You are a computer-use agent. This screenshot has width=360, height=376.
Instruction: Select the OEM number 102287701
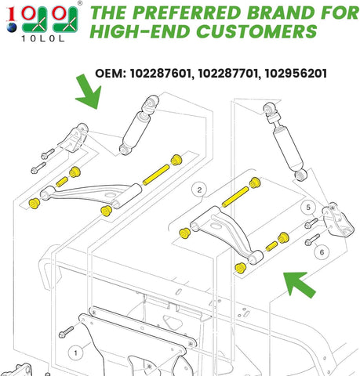(x=235, y=73)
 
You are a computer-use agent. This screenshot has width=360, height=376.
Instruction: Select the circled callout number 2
(x=199, y=190)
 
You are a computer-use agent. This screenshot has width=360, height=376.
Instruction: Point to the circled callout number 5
(x=309, y=208)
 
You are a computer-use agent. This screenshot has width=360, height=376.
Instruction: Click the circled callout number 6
(x=319, y=253)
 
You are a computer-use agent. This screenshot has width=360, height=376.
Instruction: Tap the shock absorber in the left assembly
(x=138, y=126)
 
